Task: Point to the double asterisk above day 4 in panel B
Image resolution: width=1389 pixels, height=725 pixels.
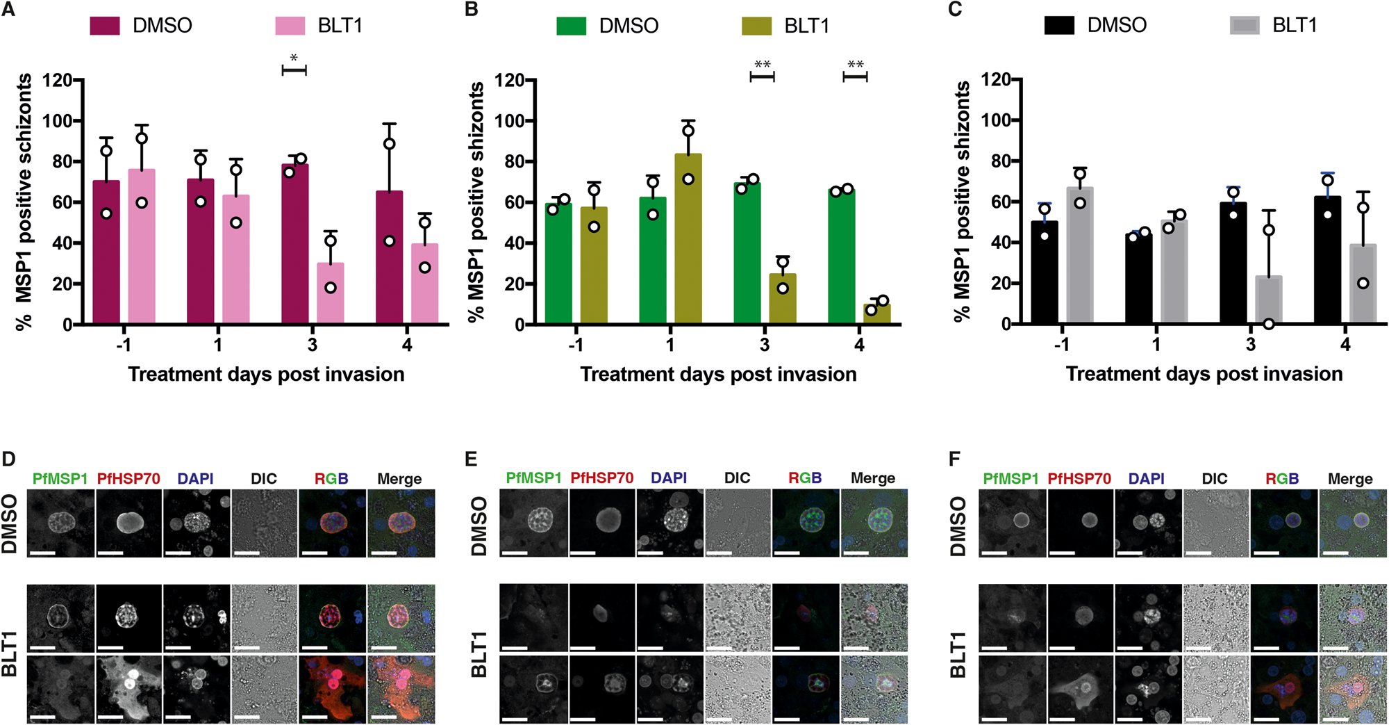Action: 855,65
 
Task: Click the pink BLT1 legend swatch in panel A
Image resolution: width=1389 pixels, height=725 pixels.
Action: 290,26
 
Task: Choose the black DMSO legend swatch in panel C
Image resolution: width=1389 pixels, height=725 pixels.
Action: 1059,25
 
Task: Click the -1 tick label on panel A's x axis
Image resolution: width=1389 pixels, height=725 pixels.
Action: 123,345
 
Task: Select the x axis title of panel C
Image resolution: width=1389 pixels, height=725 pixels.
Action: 1204,374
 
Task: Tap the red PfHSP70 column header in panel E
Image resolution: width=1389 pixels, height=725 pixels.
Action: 601,478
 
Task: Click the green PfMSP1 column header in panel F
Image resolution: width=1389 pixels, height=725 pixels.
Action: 1010,479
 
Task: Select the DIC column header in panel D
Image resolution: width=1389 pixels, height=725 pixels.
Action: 263,479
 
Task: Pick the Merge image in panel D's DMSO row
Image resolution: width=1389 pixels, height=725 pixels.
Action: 401,523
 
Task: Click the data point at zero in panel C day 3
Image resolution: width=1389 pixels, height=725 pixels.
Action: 1269,323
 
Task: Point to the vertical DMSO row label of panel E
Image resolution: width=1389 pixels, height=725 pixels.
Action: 479,526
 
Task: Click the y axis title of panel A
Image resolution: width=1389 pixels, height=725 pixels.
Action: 24,202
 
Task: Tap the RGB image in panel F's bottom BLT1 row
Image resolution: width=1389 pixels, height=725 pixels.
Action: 1283,689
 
